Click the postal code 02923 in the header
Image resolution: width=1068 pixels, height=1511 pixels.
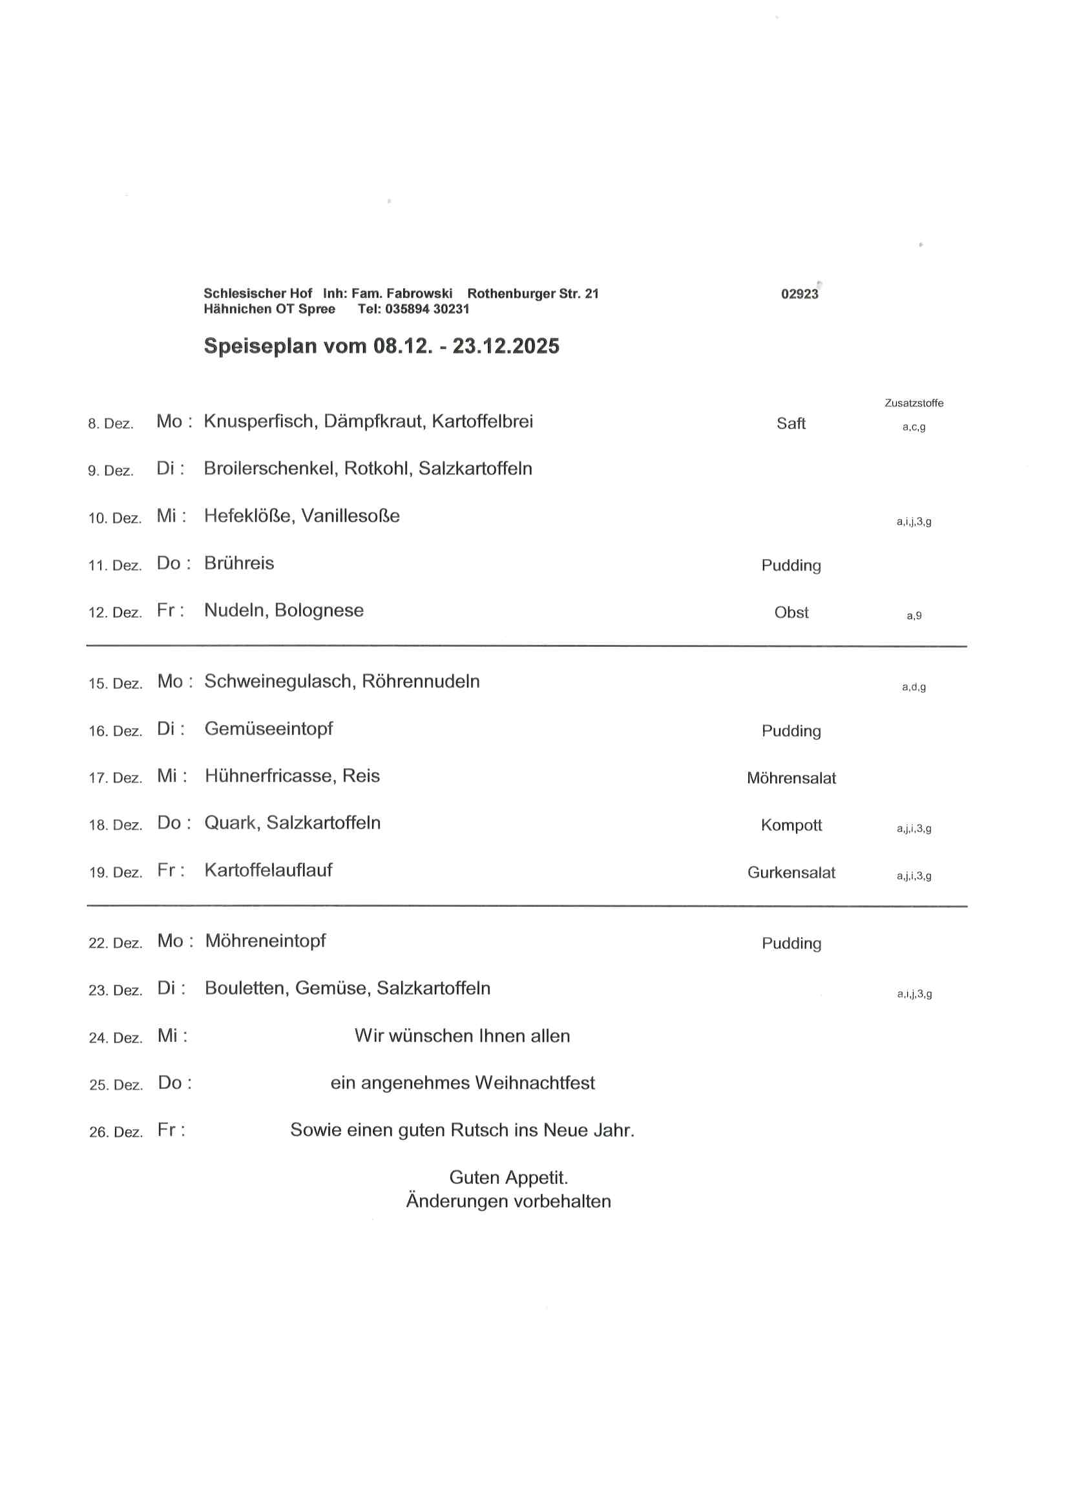799,294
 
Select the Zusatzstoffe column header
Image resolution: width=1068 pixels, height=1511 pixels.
914,403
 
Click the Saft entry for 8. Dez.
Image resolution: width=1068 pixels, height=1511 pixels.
790,423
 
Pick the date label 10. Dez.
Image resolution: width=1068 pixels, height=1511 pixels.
114,518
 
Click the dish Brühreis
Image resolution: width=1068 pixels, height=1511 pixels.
239,564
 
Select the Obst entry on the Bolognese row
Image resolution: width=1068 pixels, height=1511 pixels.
791,613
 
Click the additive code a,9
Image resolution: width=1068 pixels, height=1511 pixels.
914,616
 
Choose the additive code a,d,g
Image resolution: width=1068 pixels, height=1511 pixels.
914,687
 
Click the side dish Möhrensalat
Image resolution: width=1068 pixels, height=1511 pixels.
791,778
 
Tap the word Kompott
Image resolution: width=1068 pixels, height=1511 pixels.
791,825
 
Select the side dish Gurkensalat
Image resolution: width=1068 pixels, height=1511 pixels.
791,872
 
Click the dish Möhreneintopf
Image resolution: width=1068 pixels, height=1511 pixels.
265,941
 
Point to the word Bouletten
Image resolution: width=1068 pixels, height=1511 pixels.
246,988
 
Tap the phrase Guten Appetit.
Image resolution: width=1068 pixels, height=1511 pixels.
508,1178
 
